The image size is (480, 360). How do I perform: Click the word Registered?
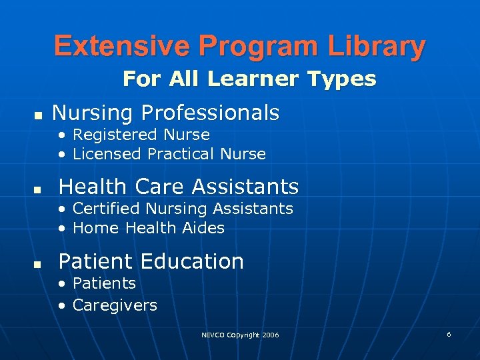[108, 135]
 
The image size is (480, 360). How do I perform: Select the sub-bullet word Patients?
[104, 283]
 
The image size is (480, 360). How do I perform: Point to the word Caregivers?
[115, 305]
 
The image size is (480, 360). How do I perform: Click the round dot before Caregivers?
[61, 306]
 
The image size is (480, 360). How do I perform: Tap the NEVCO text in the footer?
[213, 335]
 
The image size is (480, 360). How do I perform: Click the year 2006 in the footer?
[271, 335]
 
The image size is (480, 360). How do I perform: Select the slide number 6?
[449, 334]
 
